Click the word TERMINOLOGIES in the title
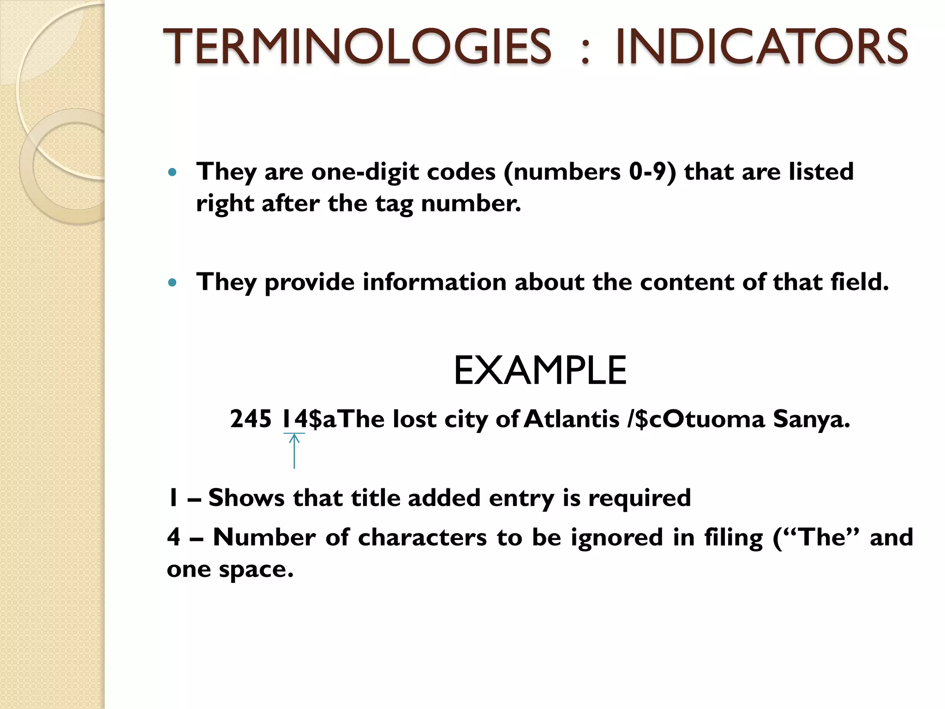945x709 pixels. (357, 47)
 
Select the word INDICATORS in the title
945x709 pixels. (761, 47)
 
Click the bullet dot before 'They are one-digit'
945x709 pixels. (173, 173)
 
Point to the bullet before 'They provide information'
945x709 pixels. (173, 282)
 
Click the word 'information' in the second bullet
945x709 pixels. (434, 282)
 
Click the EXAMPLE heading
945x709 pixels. (540, 371)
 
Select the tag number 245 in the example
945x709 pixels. (251, 419)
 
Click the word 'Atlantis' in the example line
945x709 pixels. (572, 419)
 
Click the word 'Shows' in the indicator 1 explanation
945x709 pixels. (246, 498)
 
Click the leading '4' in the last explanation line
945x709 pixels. (173, 538)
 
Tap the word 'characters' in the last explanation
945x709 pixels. (422, 538)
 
